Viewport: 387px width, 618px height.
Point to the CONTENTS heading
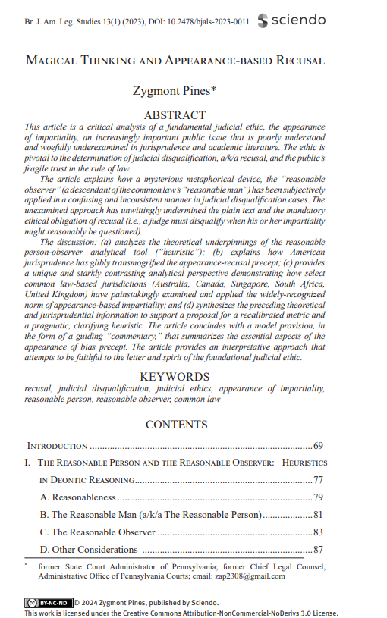[176, 425]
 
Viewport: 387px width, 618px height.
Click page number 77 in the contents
[319, 480]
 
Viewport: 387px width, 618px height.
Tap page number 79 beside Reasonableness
[319, 497]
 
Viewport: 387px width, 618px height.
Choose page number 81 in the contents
[319, 515]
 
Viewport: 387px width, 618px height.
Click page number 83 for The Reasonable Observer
[319, 532]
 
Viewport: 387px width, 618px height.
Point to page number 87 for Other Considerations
[319, 550]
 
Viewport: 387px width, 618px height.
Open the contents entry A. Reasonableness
[78, 497]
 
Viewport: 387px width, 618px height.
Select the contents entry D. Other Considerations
[89, 550]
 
